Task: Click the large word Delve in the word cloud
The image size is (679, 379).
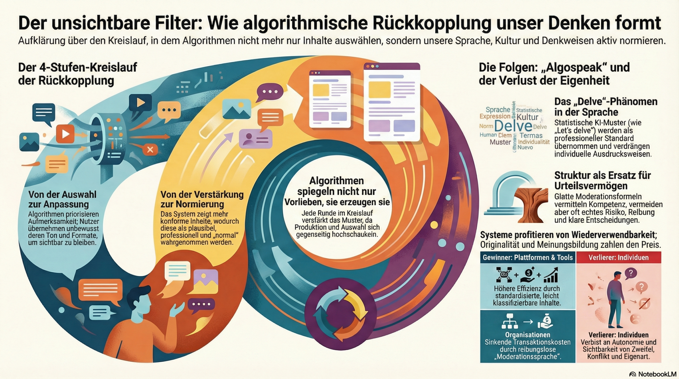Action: click(513, 126)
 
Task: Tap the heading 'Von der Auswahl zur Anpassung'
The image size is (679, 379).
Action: click(62, 199)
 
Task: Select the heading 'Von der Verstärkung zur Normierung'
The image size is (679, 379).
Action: click(202, 199)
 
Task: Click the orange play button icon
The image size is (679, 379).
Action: click(65, 134)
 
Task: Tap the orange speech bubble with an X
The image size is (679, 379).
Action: click(150, 149)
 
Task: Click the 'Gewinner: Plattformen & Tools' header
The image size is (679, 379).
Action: click(528, 258)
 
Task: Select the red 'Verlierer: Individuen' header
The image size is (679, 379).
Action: click(619, 258)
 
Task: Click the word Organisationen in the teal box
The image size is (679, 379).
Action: click(528, 335)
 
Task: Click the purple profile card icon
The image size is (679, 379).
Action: click(255, 138)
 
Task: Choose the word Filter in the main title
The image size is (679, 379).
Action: click(177, 23)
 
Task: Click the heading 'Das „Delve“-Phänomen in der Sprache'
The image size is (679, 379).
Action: click(606, 107)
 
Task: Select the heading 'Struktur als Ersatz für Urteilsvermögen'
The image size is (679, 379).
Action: click(602, 180)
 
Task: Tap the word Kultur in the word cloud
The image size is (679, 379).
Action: click(527, 117)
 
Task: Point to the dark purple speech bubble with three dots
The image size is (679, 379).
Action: click(268, 92)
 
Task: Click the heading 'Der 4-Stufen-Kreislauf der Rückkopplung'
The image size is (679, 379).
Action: click(77, 74)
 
